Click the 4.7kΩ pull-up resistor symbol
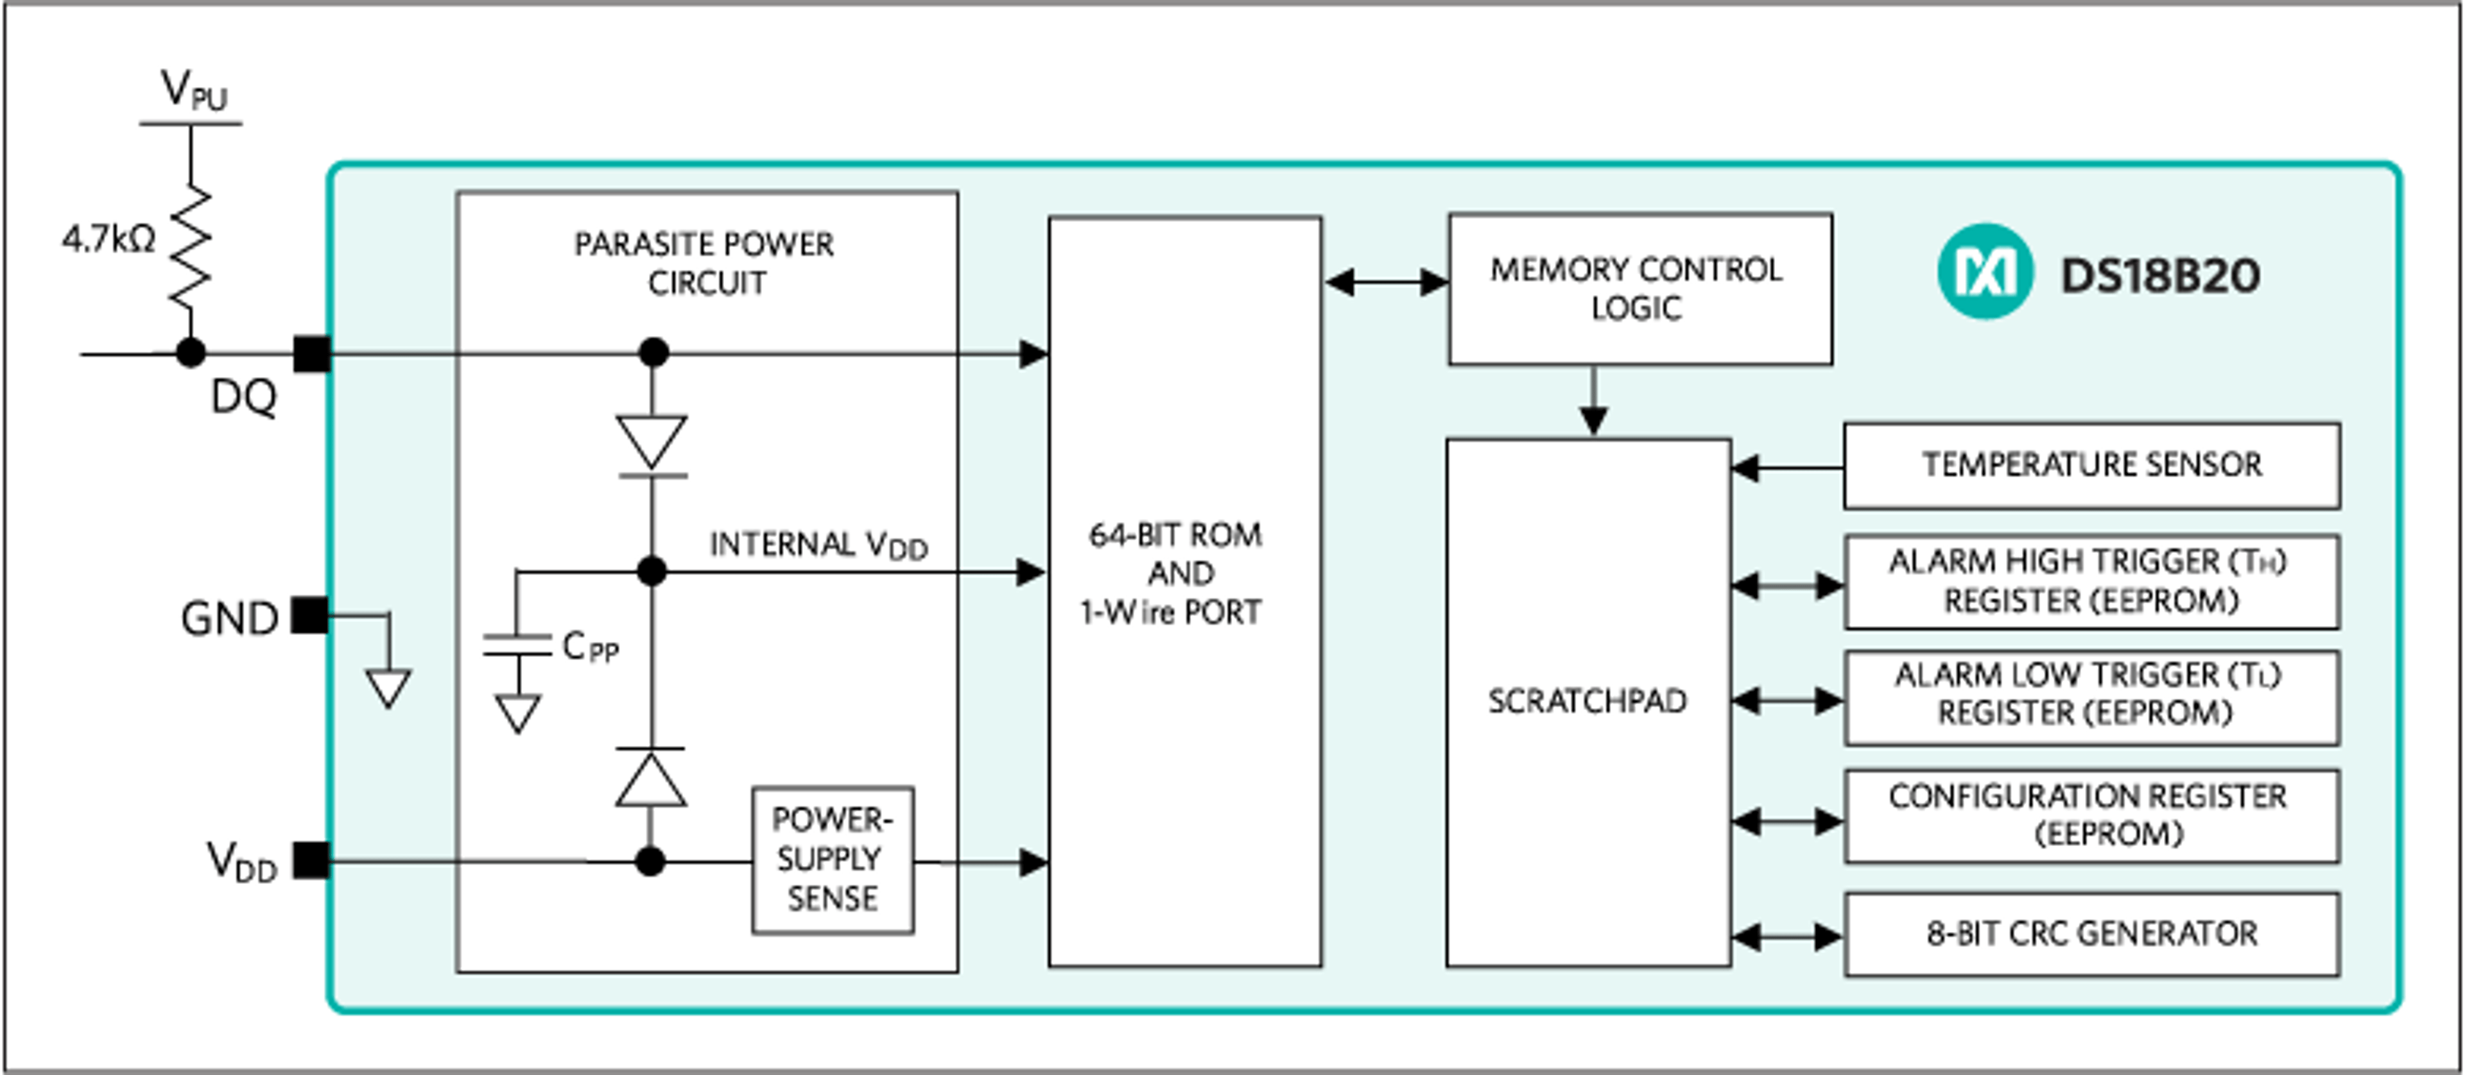pos(191,247)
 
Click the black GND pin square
pos(309,615)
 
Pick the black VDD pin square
pos(310,860)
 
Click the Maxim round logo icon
pos(1985,271)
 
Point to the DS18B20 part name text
pos(2159,275)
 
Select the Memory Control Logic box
pos(1639,289)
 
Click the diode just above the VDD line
pos(651,777)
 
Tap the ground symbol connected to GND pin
pos(388,687)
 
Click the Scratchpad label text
pos(1587,701)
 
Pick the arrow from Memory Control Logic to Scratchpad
pos(1592,402)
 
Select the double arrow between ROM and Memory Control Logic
pos(1386,282)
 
